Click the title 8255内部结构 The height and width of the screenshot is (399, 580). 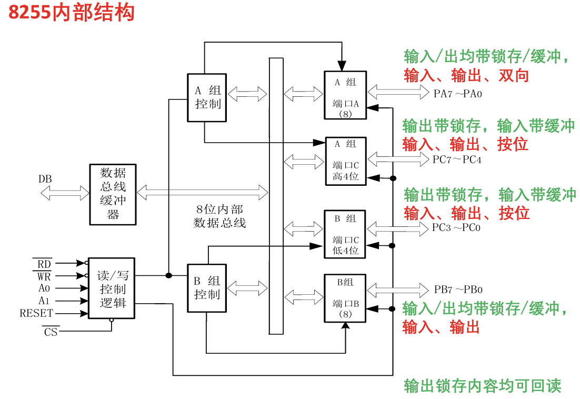(x=72, y=13)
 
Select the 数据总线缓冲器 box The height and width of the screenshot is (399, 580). (x=112, y=193)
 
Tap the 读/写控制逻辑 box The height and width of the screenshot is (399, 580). (x=111, y=288)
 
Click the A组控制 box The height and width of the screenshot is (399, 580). (x=207, y=97)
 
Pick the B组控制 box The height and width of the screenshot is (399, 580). (x=207, y=287)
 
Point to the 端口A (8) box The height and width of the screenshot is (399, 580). (x=345, y=95)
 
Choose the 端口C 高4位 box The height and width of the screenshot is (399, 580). (x=345, y=161)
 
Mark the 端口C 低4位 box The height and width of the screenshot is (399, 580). (x=345, y=234)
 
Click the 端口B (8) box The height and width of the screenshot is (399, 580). (x=345, y=298)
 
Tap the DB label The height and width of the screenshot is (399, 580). (x=45, y=179)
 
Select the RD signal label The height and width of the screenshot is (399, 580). (x=44, y=263)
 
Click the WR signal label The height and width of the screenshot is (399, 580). (x=44, y=275)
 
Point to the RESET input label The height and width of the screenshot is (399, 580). (x=36, y=313)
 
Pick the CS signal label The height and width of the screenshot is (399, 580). (x=51, y=332)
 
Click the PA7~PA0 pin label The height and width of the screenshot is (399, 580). (x=458, y=94)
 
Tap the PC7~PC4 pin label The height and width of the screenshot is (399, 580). (x=457, y=159)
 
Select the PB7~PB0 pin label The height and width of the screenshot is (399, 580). (x=458, y=290)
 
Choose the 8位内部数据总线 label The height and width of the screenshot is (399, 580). (x=219, y=216)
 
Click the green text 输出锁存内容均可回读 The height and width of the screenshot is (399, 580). (x=483, y=386)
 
